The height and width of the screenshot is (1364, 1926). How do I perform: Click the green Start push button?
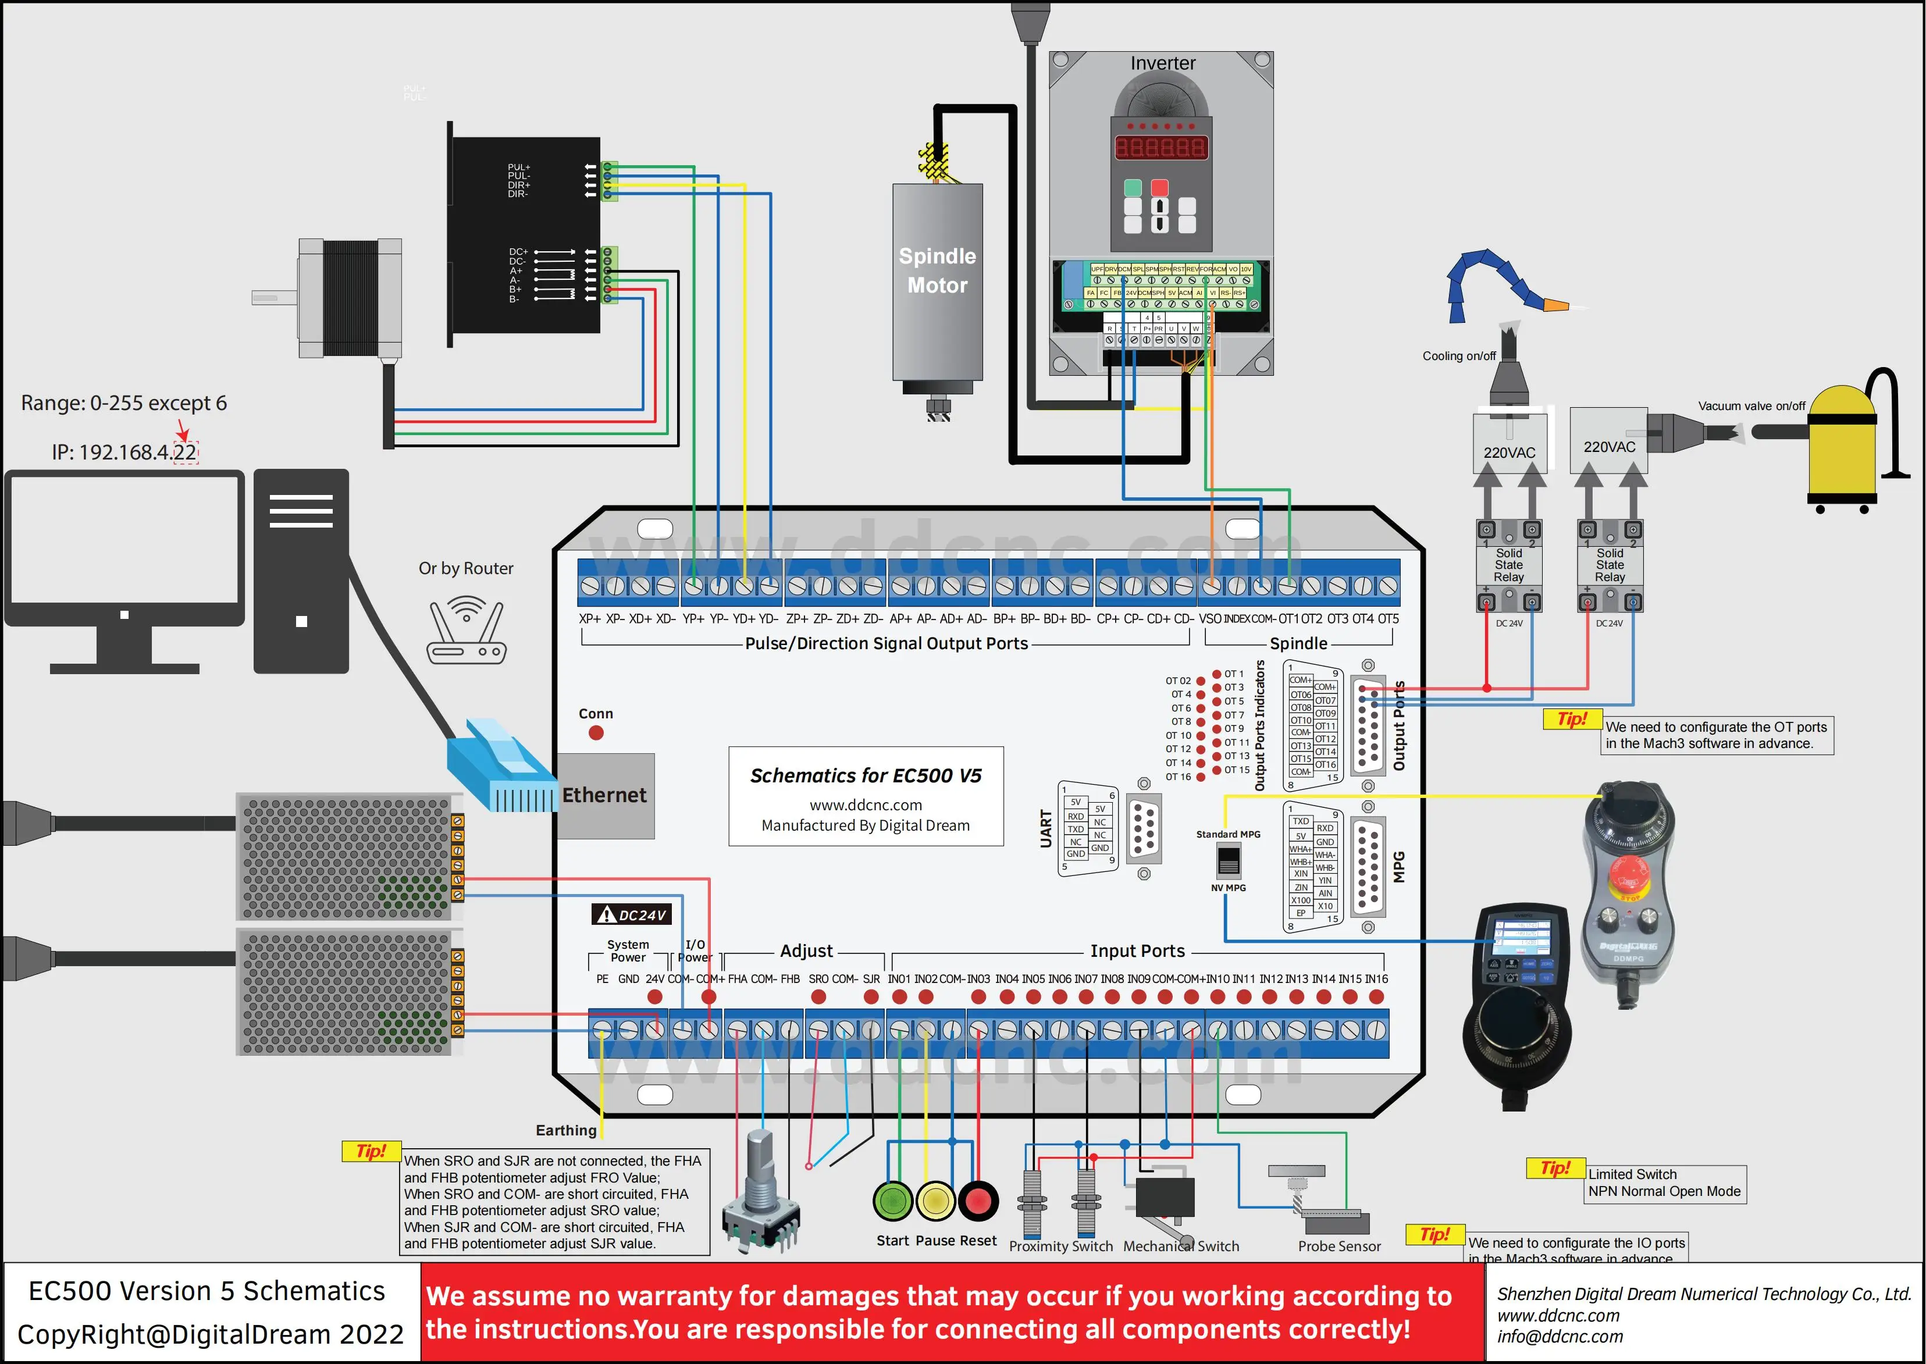point(893,1201)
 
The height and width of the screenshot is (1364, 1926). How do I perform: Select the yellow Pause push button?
point(935,1201)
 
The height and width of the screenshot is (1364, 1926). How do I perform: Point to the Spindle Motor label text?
point(937,270)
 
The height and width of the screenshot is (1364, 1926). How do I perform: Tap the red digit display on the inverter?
point(1160,148)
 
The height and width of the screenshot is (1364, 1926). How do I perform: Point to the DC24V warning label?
point(632,914)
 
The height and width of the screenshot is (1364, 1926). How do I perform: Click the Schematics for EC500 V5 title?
point(865,775)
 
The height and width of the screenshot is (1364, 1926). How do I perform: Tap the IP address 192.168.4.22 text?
point(124,453)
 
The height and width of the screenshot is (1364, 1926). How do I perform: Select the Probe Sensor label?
point(1339,1247)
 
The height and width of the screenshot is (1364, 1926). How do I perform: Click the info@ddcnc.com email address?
point(1560,1336)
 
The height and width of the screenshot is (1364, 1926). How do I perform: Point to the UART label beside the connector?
point(1046,829)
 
